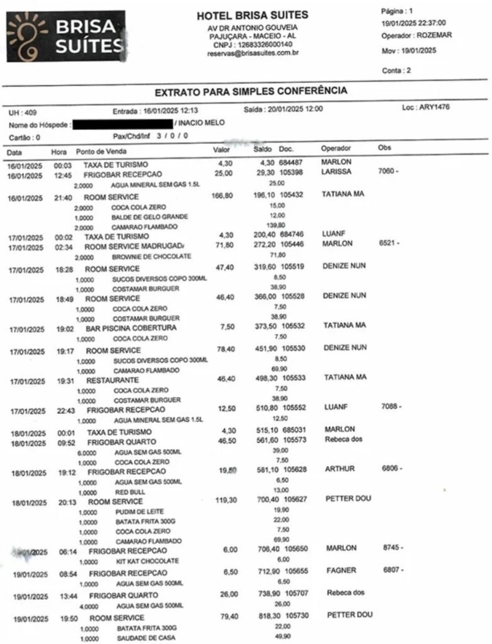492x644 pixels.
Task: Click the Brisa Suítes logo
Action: (65, 36)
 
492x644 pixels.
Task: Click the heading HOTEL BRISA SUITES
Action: (252, 15)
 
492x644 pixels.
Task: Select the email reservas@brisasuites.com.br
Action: (252, 53)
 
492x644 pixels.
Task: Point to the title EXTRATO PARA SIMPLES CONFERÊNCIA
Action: (250, 91)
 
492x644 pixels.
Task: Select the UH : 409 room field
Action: (22, 113)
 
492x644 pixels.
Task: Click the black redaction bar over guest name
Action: (123, 123)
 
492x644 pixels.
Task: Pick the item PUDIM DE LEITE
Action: (134, 511)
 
